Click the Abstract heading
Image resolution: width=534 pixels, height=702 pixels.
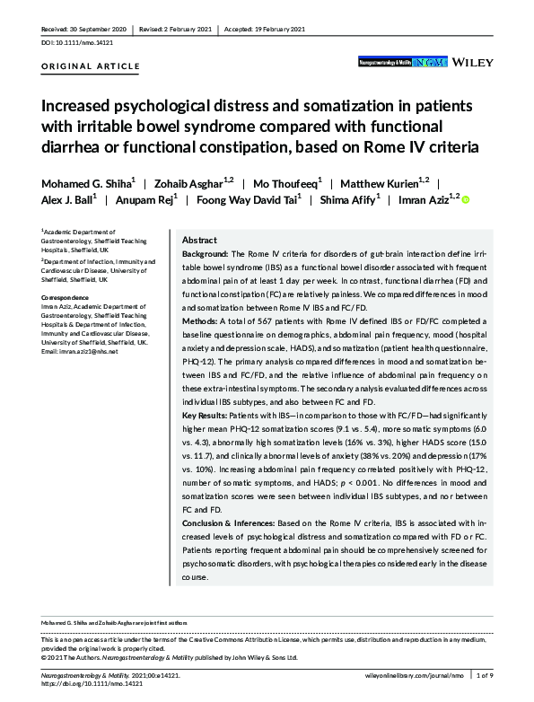[x=198, y=241]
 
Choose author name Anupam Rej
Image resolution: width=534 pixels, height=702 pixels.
[x=144, y=198]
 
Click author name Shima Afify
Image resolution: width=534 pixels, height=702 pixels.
[x=350, y=198]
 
